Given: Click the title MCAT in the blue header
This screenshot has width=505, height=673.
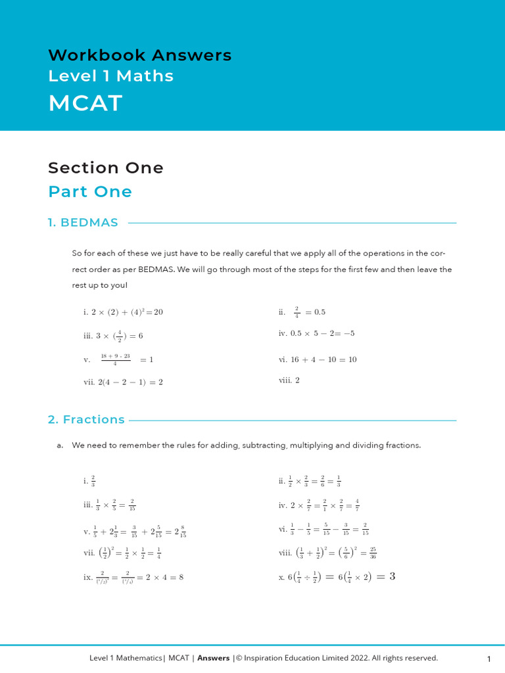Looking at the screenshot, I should pyautogui.click(x=85, y=103).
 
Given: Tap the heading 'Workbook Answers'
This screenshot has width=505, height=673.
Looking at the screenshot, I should pyautogui.click(x=139, y=55).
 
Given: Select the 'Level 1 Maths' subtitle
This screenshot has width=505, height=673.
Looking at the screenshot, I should pyautogui.click(x=110, y=76).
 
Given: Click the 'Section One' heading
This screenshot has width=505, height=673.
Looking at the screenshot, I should pyautogui.click(x=105, y=168).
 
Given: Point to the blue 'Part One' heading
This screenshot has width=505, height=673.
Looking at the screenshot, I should pyautogui.click(x=89, y=192).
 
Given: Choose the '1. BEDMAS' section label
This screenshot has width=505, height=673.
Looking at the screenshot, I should pyautogui.click(x=83, y=223).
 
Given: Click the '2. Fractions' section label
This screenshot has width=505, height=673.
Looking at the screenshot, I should pyautogui.click(x=86, y=419).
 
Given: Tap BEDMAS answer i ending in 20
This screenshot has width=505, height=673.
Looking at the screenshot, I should pyautogui.click(x=123, y=312).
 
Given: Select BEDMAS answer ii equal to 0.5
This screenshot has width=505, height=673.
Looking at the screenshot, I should pyautogui.click(x=302, y=312).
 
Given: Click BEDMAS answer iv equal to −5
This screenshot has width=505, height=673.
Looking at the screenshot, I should pyautogui.click(x=316, y=333).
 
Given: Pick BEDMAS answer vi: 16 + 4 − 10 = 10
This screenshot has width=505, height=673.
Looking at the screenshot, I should pyautogui.click(x=318, y=360).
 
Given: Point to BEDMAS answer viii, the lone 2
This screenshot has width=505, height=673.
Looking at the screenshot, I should pyautogui.click(x=289, y=380).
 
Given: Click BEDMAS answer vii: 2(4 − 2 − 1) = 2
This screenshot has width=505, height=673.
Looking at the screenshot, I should pyautogui.click(x=123, y=382).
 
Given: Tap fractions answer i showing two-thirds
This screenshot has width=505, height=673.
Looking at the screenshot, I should pyautogui.click(x=89, y=481).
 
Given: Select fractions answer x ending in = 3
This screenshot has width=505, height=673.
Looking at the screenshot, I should pyautogui.click(x=337, y=577).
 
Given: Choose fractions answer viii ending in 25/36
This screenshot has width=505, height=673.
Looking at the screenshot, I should pyautogui.click(x=327, y=552).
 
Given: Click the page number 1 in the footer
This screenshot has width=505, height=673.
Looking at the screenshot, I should pyautogui.click(x=489, y=659).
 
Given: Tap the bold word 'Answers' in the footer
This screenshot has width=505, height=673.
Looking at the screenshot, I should pyautogui.click(x=214, y=658).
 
